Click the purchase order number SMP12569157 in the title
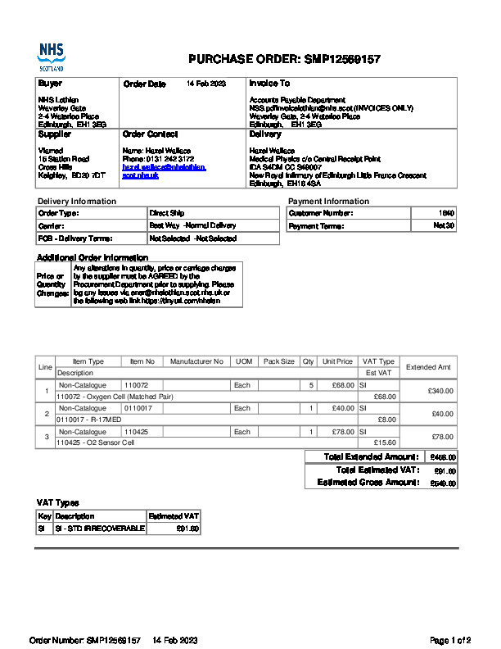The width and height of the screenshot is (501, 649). tap(341, 59)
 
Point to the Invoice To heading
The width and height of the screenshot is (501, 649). tap(269, 84)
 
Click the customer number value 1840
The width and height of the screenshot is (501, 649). tap(447, 213)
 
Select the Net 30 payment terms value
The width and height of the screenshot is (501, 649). tap(444, 225)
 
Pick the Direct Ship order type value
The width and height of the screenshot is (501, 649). tap(167, 213)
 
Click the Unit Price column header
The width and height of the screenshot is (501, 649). tap(337, 361)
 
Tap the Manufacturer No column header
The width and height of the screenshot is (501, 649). tap(196, 361)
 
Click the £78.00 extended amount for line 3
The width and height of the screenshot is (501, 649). tap(442, 437)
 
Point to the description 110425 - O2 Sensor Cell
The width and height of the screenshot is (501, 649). tap(95, 442)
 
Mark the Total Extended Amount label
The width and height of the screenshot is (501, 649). tap(371, 456)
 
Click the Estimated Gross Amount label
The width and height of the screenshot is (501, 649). tap(368, 483)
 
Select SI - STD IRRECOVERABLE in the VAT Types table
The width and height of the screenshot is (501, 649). tap(99, 529)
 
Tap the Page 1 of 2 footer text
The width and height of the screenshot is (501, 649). tap(450, 640)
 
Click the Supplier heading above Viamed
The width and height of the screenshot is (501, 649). tap(55, 134)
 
